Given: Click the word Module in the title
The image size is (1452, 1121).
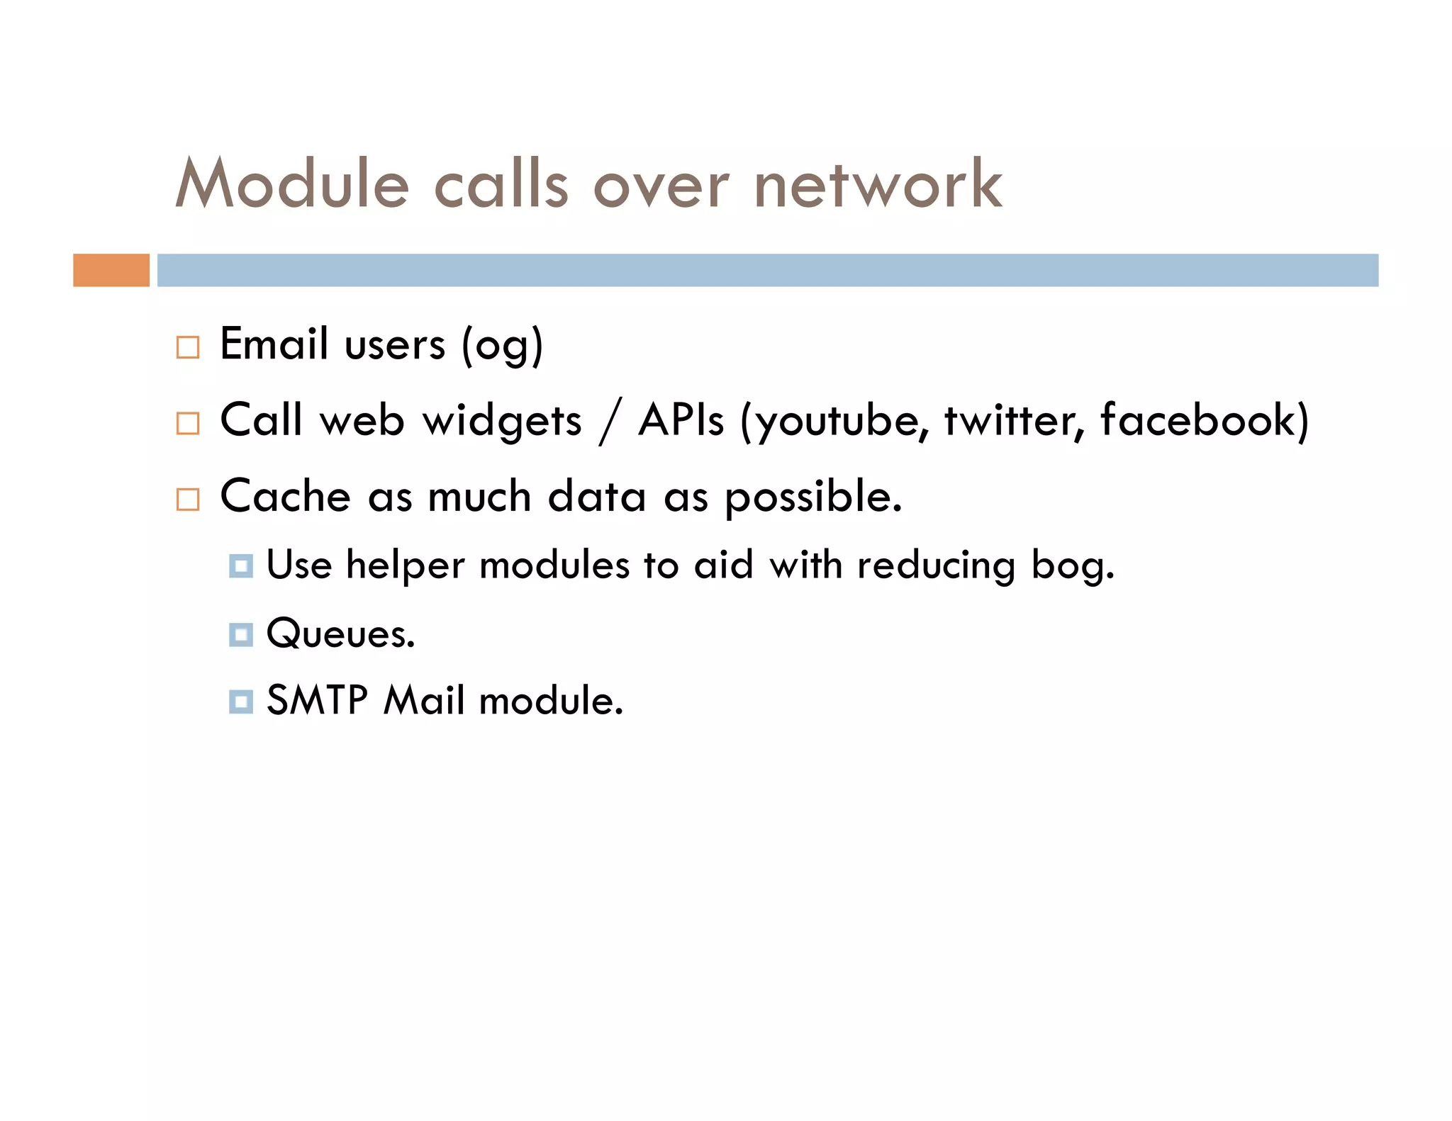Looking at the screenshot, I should [292, 184].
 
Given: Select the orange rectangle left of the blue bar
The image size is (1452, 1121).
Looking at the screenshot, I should [111, 270].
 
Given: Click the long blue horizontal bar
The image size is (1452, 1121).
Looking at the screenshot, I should [767, 270].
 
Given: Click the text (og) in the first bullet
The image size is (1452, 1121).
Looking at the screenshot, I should [502, 347].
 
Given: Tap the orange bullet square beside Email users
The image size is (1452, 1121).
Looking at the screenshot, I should [188, 347].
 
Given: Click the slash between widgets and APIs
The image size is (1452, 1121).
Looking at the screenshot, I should [610, 421].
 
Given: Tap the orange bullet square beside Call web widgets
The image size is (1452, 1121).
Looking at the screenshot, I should [188, 423].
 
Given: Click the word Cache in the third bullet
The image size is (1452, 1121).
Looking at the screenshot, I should [286, 496].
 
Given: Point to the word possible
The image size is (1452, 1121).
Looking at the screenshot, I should [812, 497].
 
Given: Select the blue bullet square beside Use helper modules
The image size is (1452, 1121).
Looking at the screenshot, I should [241, 566].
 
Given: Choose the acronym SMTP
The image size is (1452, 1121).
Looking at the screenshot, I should [317, 701].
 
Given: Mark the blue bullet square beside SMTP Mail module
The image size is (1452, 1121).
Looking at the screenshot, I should [241, 702].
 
